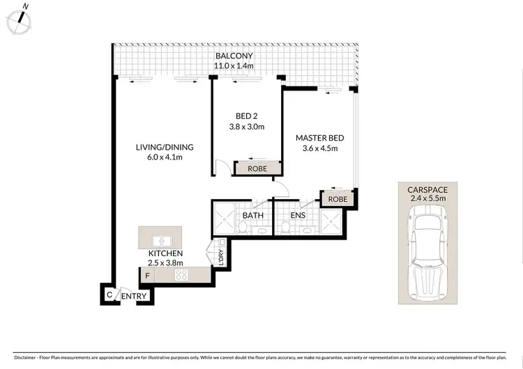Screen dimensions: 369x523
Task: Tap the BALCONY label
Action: (x=233, y=56)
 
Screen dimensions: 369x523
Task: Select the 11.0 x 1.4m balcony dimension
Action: (x=233, y=67)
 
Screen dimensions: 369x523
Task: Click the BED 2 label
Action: (x=245, y=116)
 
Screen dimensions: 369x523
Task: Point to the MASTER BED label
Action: (x=319, y=138)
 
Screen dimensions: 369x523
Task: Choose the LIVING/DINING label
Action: (x=165, y=147)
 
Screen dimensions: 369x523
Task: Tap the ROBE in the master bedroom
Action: (x=338, y=198)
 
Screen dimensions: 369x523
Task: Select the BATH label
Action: (x=252, y=216)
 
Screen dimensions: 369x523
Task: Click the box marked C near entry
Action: (x=109, y=295)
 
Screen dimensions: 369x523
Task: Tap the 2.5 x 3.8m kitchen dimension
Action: (x=165, y=263)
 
